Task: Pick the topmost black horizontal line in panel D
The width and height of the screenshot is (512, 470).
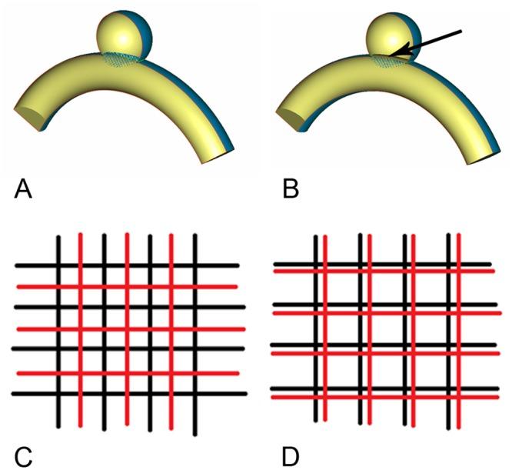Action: pyautogui.click(x=384, y=265)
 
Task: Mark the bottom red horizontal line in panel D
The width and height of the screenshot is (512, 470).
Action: pyautogui.click(x=384, y=397)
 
